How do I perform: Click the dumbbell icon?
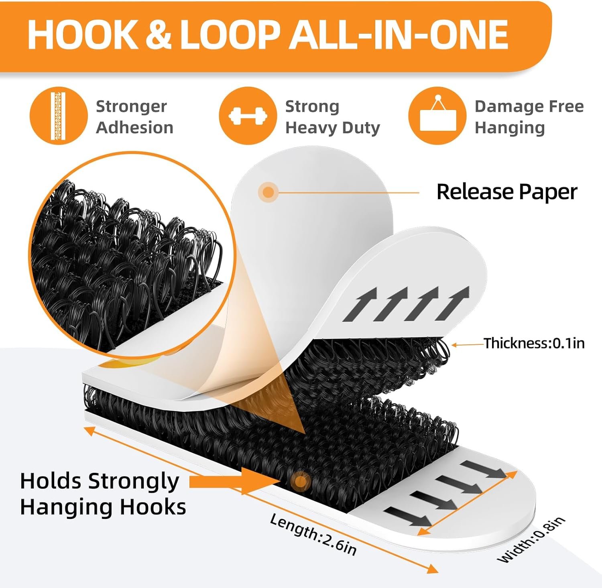[248, 116]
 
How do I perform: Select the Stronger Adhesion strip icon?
[59, 116]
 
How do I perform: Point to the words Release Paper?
[507, 191]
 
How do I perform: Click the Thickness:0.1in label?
[534, 343]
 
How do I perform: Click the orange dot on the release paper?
[268, 192]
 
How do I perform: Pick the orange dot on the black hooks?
[300, 481]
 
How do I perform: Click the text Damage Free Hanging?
[529, 117]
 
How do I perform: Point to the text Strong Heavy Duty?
[332, 117]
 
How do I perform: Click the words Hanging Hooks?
[103, 507]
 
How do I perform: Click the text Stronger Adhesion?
[134, 117]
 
